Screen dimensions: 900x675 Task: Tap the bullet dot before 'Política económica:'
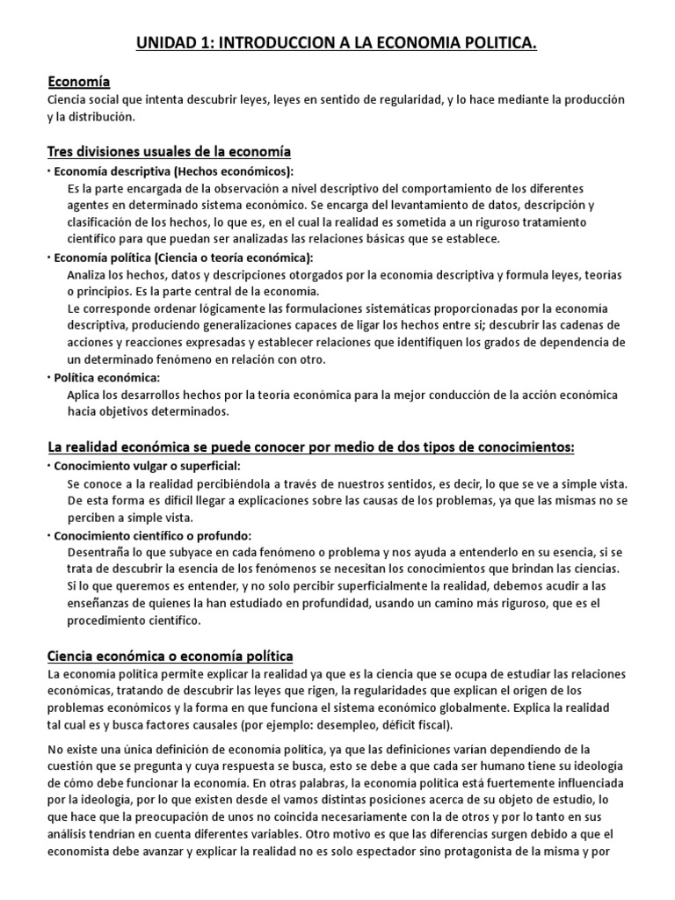49,377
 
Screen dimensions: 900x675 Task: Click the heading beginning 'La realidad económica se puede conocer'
310,446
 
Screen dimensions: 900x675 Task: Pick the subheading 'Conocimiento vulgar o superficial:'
147,465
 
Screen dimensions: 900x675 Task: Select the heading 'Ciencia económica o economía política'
171,656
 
